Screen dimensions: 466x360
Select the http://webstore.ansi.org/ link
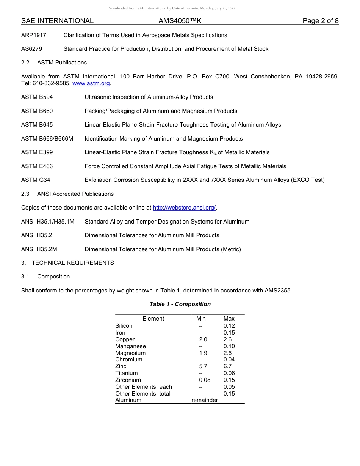184,208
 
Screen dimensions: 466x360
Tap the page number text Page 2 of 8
320,21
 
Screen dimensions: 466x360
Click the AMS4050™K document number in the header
180,21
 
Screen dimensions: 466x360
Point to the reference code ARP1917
34,35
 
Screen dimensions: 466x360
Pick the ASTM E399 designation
37,152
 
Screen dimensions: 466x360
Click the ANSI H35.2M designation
39,249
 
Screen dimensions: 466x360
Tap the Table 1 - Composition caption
180,304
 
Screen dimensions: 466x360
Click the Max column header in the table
229,319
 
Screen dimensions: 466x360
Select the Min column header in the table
201,319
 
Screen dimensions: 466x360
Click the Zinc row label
121,366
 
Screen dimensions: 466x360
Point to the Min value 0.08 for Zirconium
205,380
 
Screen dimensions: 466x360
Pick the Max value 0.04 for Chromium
229,360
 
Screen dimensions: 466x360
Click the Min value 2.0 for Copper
203,339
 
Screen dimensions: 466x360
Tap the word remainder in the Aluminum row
205,400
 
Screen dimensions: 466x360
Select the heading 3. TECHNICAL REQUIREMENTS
67,263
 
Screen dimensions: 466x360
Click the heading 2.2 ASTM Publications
54,63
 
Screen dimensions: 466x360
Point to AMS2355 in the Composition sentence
279,291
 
